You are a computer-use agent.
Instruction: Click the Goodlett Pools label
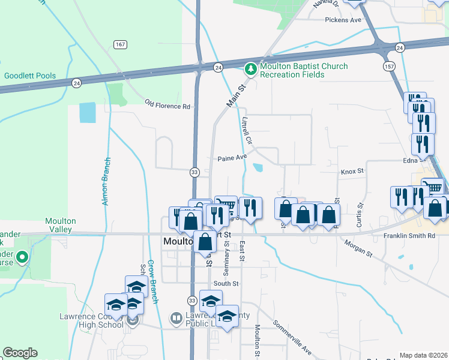[x=30, y=76]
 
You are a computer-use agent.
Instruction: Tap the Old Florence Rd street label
[x=167, y=106]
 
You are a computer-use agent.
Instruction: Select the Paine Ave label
[x=232, y=157]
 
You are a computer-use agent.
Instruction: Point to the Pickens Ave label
[x=343, y=20]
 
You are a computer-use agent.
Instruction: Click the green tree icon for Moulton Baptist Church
[x=250, y=70]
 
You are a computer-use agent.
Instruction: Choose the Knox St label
[x=352, y=171]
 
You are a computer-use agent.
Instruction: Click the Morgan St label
[x=358, y=248]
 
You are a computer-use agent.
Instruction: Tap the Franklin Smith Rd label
[x=409, y=236]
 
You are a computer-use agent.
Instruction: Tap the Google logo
[x=20, y=353]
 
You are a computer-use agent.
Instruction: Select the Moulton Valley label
[x=60, y=225]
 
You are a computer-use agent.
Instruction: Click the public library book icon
[x=176, y=318]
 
